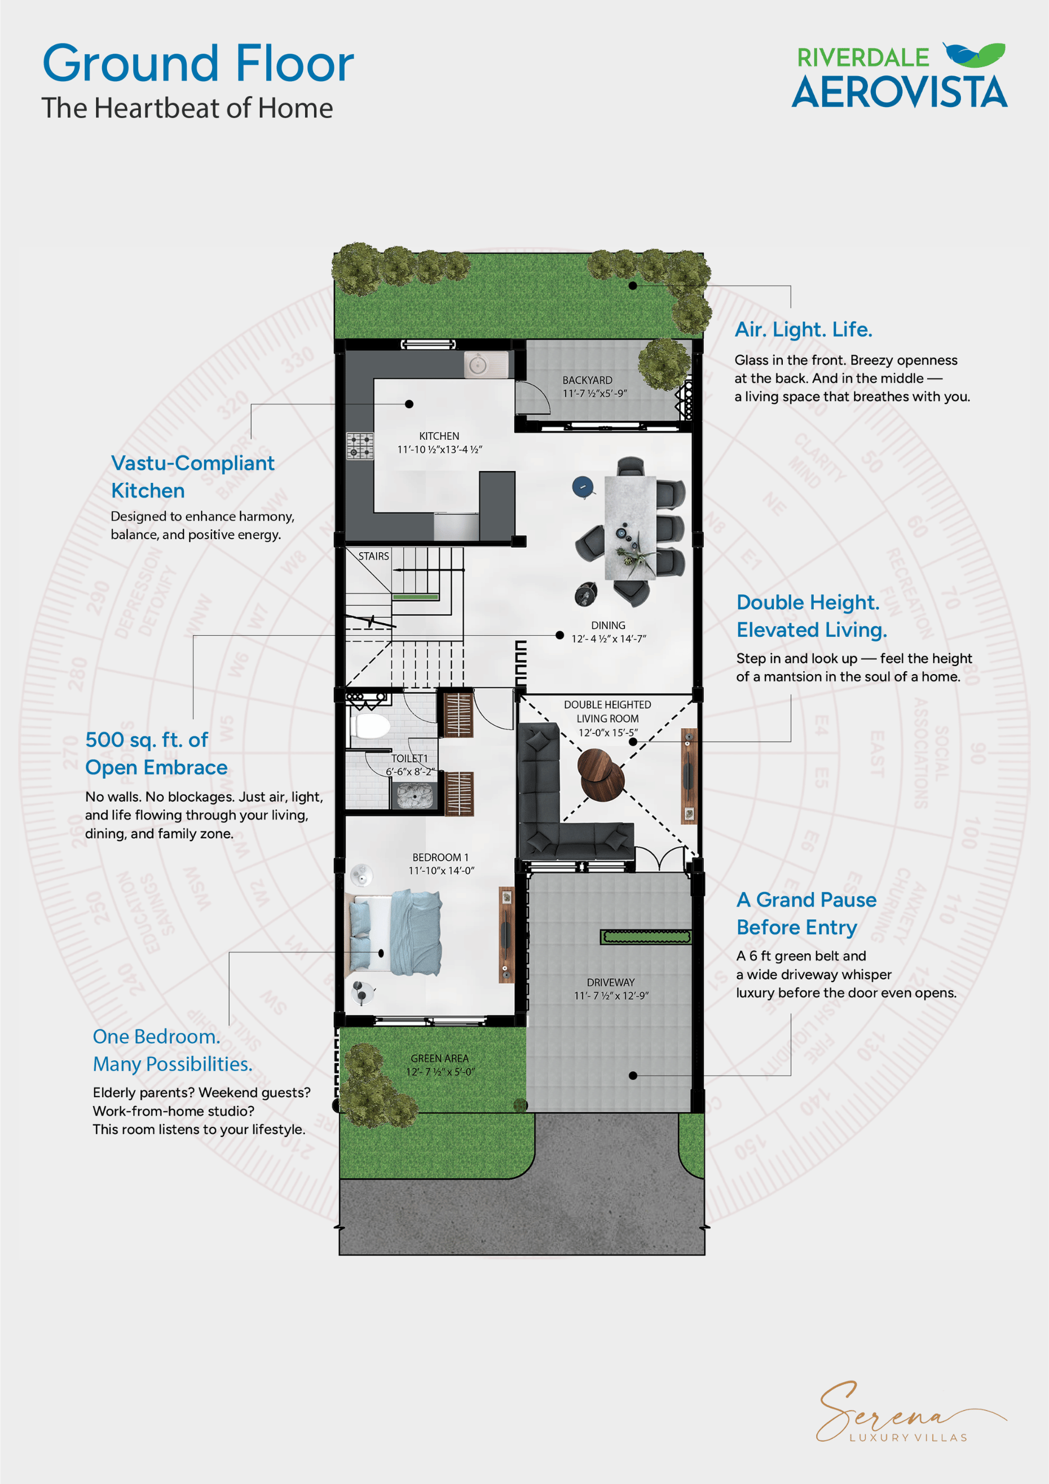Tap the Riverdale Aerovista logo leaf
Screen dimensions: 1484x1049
tap(974, 55)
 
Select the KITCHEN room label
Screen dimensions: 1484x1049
tap(439, 436)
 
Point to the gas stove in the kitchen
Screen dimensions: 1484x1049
tap(360, 446)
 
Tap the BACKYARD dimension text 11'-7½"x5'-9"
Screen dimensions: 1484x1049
tap(594, 394)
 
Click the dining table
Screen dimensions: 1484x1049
tap(629, 527)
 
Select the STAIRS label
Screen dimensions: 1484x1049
tap(373, 556)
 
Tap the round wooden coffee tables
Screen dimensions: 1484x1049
tap(601, 774)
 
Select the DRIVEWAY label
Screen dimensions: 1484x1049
tap(610, 983)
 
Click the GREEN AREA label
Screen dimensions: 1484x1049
tap(439, 1058)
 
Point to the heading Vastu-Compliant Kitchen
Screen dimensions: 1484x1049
tap(193, 477)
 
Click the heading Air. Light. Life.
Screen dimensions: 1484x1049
tap(804, 329)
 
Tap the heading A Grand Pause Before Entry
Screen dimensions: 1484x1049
tap(806, 913)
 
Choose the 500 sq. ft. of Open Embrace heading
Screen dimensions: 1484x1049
tap(156, 753)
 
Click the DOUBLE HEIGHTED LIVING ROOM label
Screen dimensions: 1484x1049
tap(607, 711)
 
